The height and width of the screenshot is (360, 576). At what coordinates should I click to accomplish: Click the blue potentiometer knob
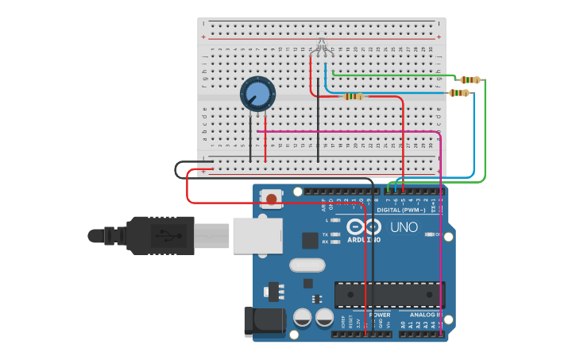258,95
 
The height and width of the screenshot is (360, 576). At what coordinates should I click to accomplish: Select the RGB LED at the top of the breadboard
321,46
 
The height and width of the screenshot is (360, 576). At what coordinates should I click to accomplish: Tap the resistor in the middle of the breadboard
354,96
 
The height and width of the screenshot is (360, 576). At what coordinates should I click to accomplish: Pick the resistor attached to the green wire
470,79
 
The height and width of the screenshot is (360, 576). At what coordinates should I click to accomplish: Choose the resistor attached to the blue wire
459,93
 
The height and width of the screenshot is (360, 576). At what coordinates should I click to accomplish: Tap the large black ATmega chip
389,294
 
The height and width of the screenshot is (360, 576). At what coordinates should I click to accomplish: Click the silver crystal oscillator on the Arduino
307,265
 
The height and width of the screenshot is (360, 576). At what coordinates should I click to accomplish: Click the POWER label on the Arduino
380,315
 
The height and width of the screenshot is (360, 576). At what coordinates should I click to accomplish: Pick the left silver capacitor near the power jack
303,318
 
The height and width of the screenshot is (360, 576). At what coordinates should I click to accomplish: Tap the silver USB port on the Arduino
257,236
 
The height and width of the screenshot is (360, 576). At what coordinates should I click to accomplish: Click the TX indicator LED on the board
335,234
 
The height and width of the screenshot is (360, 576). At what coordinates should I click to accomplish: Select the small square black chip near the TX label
310,241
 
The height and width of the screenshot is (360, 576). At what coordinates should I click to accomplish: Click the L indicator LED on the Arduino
335,219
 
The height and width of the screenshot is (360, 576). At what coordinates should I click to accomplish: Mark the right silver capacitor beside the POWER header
324,318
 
